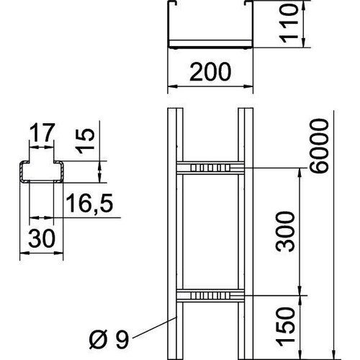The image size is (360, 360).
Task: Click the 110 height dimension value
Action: pyautogui.click(x=289, y=23)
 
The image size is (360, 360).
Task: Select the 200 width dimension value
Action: pyautogui.click(x=210, y=71)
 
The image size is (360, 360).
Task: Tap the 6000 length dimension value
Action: pyautogui.click(x=319, y=145)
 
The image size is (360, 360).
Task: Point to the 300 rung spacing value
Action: pyautogui.click(x=285, y=232)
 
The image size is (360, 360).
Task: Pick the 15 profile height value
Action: pyautogui.click(x=85, y=141)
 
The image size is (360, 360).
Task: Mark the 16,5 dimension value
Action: pyautogui.click(x=89, y=204)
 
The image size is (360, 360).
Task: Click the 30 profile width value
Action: pyautogui.click(x=42, y=238)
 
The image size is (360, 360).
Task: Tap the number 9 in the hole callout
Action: pyautogui.click(x=122, y=339)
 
